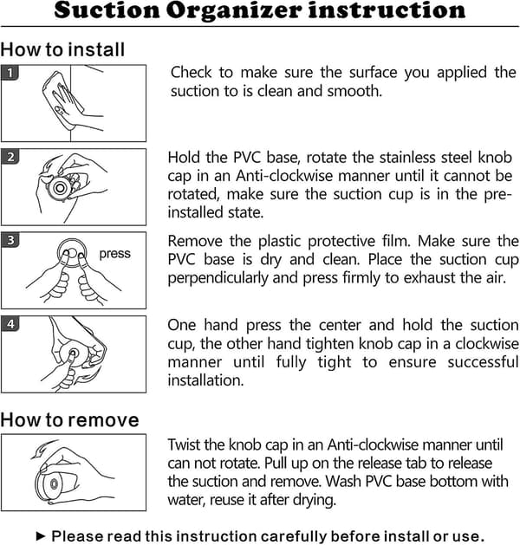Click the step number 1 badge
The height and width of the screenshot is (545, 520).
tap(10, 73)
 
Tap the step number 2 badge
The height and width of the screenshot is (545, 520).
tap(10, 157)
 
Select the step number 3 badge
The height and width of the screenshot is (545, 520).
tap(10, 240)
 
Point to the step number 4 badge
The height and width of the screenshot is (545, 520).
tap(10, 324)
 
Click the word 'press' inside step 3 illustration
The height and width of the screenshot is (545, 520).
tap(115, 254)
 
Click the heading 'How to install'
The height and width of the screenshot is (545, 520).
tap(62, 49)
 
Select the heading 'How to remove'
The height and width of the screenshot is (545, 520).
tap(69, 420)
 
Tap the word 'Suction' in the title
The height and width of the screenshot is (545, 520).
tap(107, 10)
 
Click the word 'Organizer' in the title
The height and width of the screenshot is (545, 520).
tap(234, 11)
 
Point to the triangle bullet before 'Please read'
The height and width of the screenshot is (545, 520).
tap(41, 535)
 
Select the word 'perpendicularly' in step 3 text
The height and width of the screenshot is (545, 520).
tap(218, 278)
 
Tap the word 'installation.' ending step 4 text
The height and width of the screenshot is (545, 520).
tap(205, 380)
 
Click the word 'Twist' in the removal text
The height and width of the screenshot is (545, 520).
tap(185, 444)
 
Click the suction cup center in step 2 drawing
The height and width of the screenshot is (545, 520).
tap(60, 188)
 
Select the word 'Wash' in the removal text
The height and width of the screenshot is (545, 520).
tap(343, 482)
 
